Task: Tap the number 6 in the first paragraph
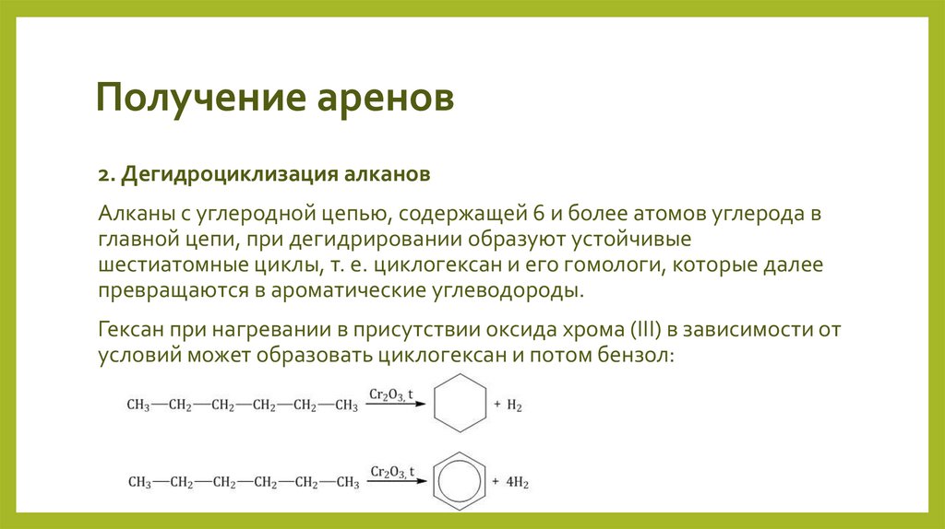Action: click(x=537, y=214)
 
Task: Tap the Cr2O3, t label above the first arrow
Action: click(x=392, y=394)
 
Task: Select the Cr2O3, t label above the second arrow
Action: click(x=392, y=471)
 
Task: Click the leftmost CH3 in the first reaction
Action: click(x=139, y=405)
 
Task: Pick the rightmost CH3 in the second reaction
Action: click(x=347, y=482)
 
